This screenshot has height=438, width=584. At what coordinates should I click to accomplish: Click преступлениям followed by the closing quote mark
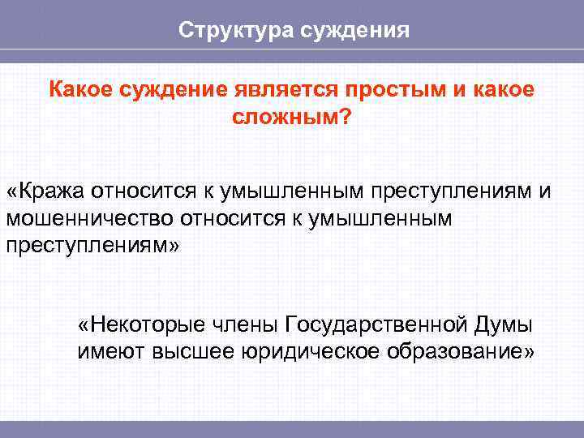coord(91,245)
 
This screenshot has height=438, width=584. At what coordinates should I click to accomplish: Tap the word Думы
coord(503,325)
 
